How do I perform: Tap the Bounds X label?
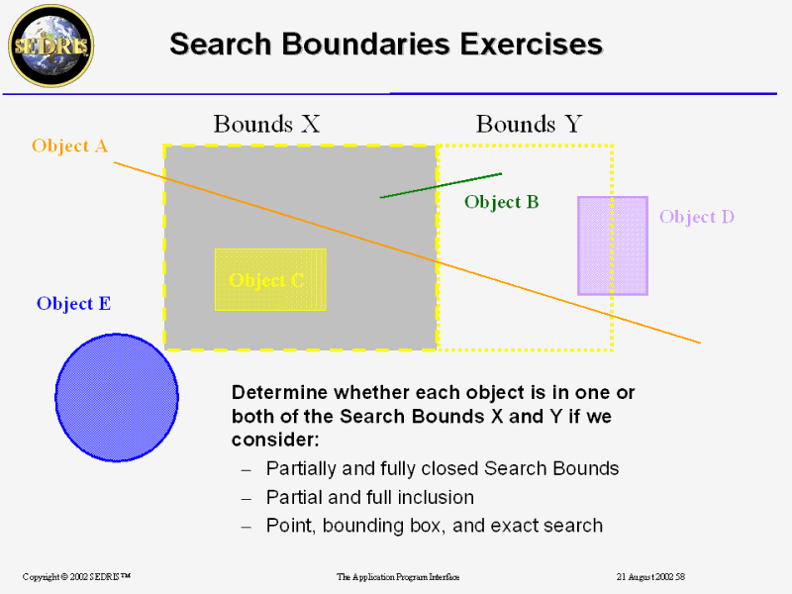click(x=266, y=124)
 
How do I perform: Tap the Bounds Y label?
click(x=529, y=124)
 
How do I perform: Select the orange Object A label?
click(x=69, y=147)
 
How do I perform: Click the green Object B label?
click(x=501, y=202)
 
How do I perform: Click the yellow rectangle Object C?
click(x=270, y=279)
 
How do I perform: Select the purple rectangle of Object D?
click(x=613, y=246)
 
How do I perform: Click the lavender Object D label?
click(x=696, y=217)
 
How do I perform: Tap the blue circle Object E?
click(x=117, y=397)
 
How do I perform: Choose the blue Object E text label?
click(x=73, y=304)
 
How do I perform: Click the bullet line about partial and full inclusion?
click(x=369, y=497)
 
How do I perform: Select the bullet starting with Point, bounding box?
click(x=434, y=526)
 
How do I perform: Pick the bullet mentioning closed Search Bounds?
click(x=442, y=468)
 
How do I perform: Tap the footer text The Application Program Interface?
click(x=398, y=576)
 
